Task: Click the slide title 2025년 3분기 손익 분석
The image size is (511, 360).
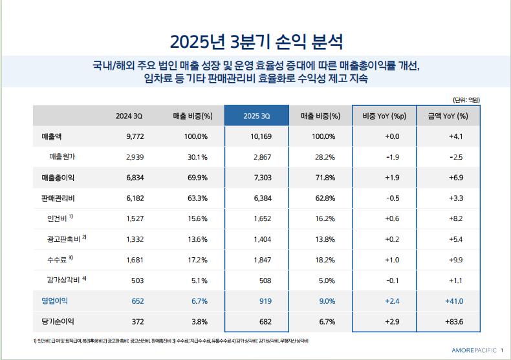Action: (x=256, y=42)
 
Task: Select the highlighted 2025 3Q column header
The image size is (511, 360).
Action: (x=256, y=116)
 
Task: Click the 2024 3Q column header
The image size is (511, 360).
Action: (x=129, y=116)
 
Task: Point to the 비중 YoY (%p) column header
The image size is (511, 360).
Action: (x=384, y=116)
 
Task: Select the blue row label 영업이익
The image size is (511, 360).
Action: (x=54, y=301)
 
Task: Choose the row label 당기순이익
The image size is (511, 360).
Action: (x=54, y=321)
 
